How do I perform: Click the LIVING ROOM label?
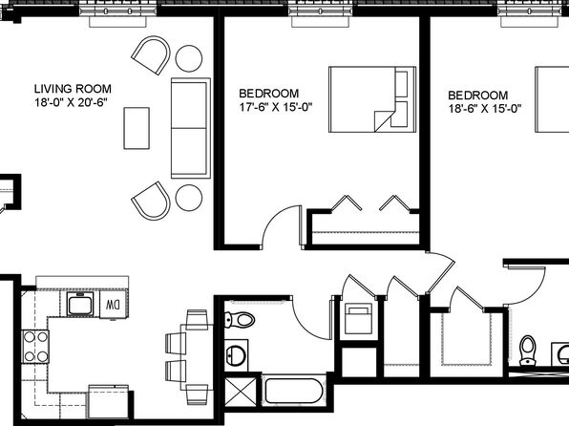click(x=73, y=89)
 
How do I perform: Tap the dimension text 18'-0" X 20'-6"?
click(x=72, y=102)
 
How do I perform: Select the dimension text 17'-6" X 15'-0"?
click(x=276, y=107)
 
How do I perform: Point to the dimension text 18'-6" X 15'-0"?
click(x=485, y=109)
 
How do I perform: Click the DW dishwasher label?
click(x=113, y=305)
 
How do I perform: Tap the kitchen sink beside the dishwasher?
click(x=80, y=304)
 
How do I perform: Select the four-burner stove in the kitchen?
click(x=35, y=346)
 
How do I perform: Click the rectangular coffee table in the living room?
click(x=137, y=128)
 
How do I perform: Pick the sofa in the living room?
click(x=191, y=128)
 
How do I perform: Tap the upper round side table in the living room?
click(x=189, y=58)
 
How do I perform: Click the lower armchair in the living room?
click(x=152, y=201)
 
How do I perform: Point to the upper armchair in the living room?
click(x=151, y=54)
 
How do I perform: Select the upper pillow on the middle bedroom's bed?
click(x=401, y=84)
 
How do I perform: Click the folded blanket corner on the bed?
click(x=382, y=120)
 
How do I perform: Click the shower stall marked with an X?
click(x=241, y=392)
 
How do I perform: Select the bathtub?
click(x=294, y=391)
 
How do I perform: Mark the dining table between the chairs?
click(x=198, y=357)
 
